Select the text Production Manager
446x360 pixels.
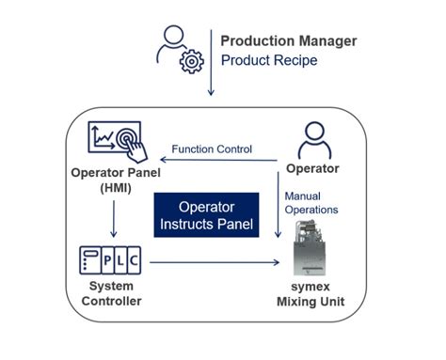click(x=287, y=40)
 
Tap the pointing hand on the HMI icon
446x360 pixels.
click(x=131, y=148)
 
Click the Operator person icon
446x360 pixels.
click(x=314, y=142)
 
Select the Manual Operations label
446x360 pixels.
click(x=311, y=203)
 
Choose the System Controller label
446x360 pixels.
click(x=112, y=293)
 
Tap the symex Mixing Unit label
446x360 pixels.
click(x=314, y=293)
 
